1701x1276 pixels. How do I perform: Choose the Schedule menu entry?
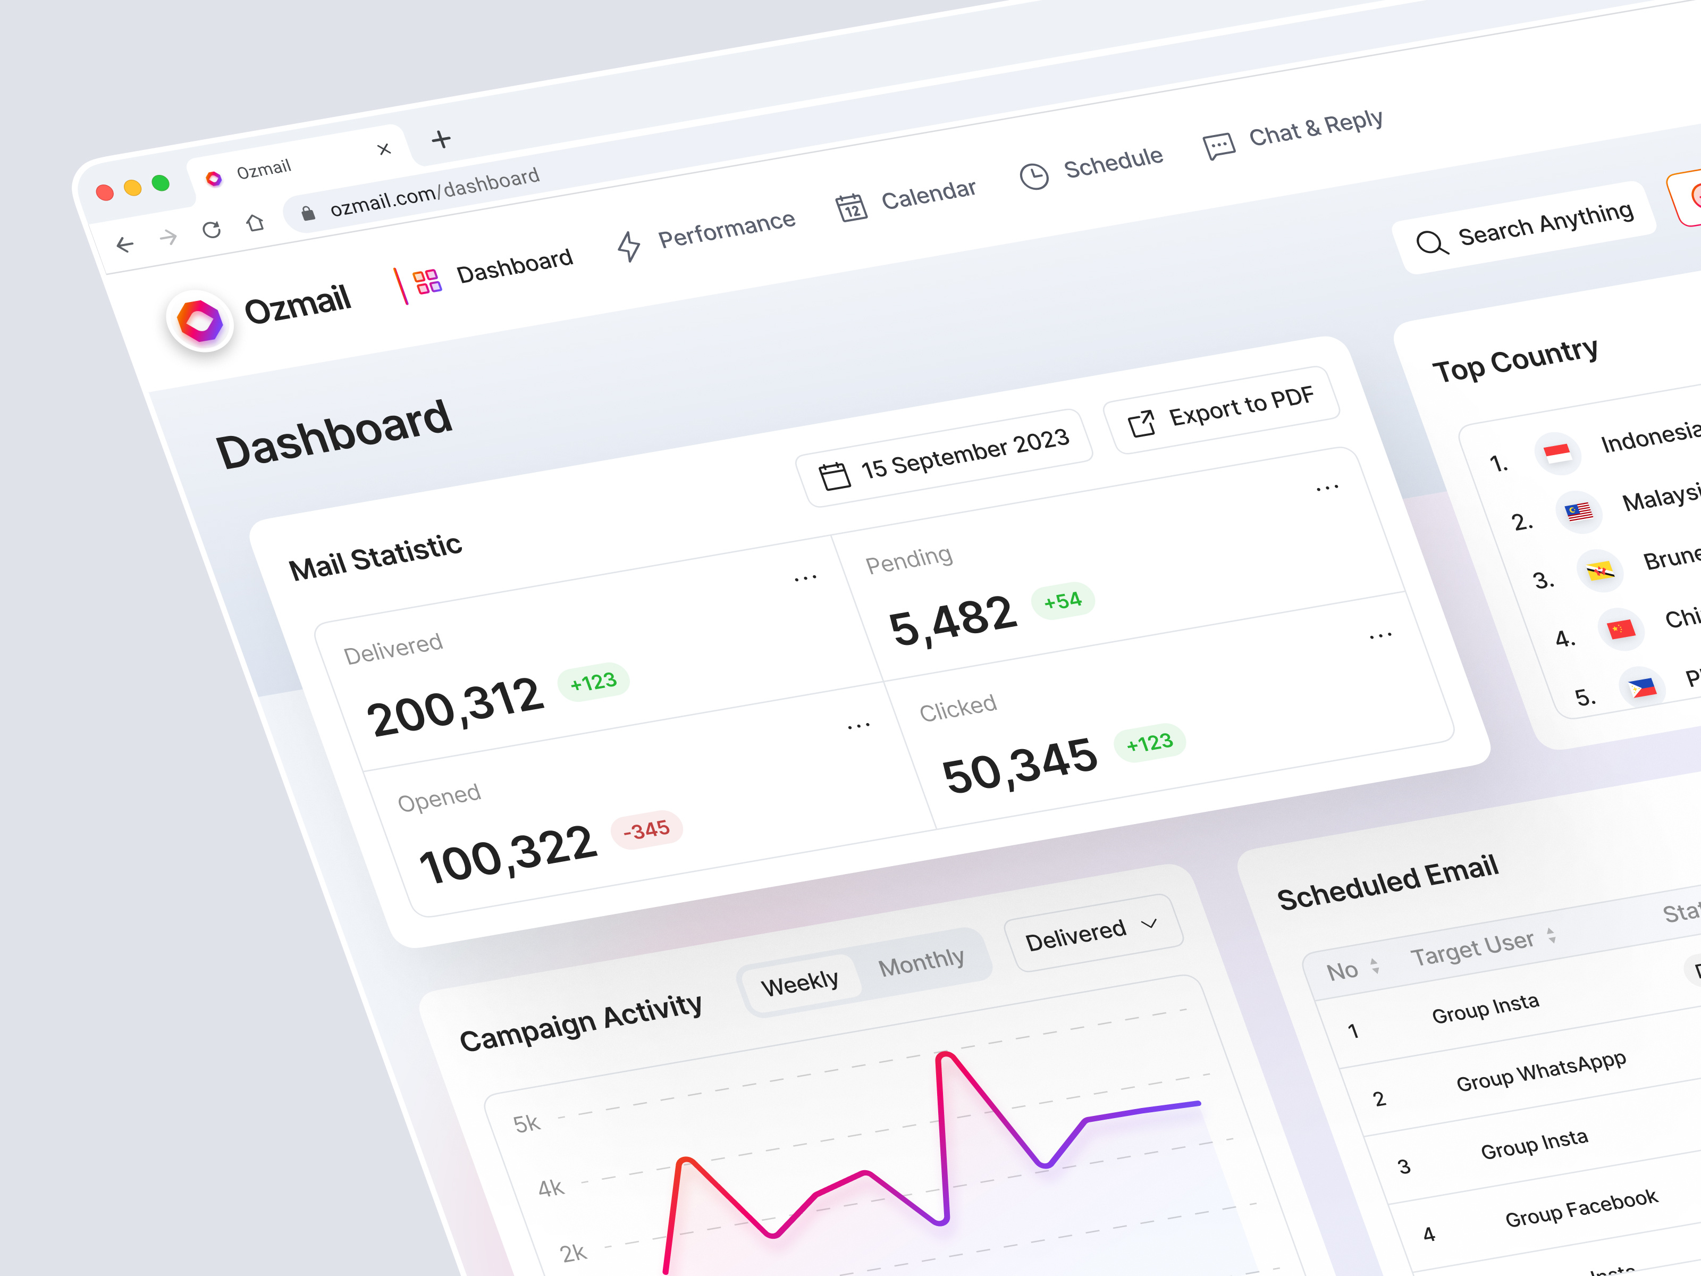[1091, 166]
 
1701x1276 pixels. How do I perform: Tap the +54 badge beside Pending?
[1063, 600]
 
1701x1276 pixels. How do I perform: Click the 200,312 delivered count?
[454, 706]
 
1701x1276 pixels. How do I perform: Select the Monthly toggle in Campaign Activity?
[921, 961]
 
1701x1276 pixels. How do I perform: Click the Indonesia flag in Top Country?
[1557, 452]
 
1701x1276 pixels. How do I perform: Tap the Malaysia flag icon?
[1579, 511]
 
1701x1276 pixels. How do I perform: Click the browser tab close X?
[384, 149]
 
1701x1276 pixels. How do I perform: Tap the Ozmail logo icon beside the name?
[200, 322]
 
